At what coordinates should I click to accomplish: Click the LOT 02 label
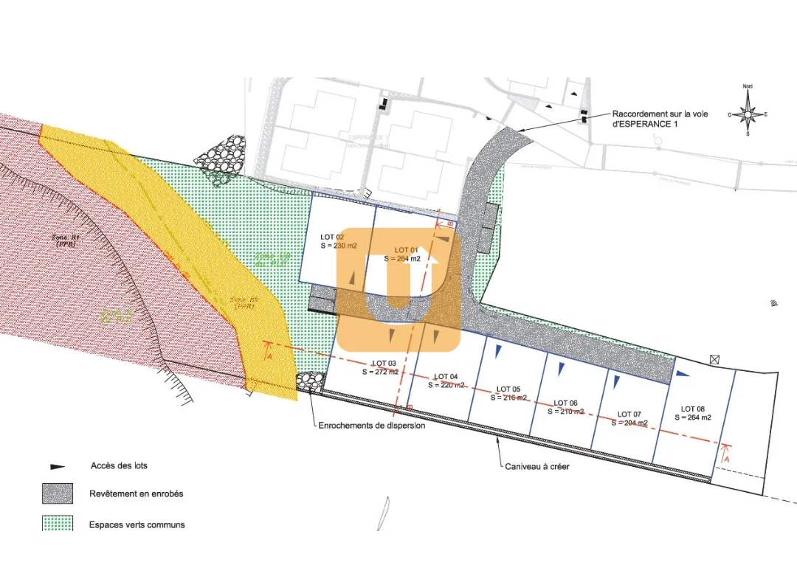pos(332,237)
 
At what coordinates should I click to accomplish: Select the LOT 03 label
pos(384,364)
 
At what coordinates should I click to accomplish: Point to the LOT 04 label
pos(446,376)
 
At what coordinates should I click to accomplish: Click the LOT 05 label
pos(508,389)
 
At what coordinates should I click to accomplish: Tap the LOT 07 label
pos(629,415)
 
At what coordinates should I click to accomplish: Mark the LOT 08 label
pos(693,409)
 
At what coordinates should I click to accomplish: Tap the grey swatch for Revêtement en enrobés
pos(58,493)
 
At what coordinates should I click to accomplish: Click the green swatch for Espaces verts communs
pos(58,524)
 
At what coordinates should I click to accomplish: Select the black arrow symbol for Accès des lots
pos(57,466)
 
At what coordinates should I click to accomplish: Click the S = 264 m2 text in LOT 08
pos(693,417)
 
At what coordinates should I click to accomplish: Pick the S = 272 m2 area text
pos(380,372)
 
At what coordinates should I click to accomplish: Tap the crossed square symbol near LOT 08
pos(714,359)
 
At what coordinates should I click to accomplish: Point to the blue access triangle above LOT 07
pos(615,381)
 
